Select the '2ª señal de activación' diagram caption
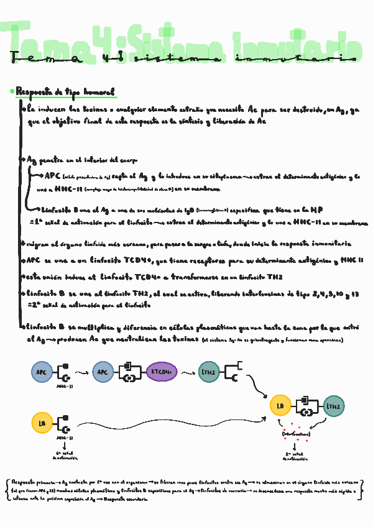click(295, 457)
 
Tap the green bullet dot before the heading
click(12, 92)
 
